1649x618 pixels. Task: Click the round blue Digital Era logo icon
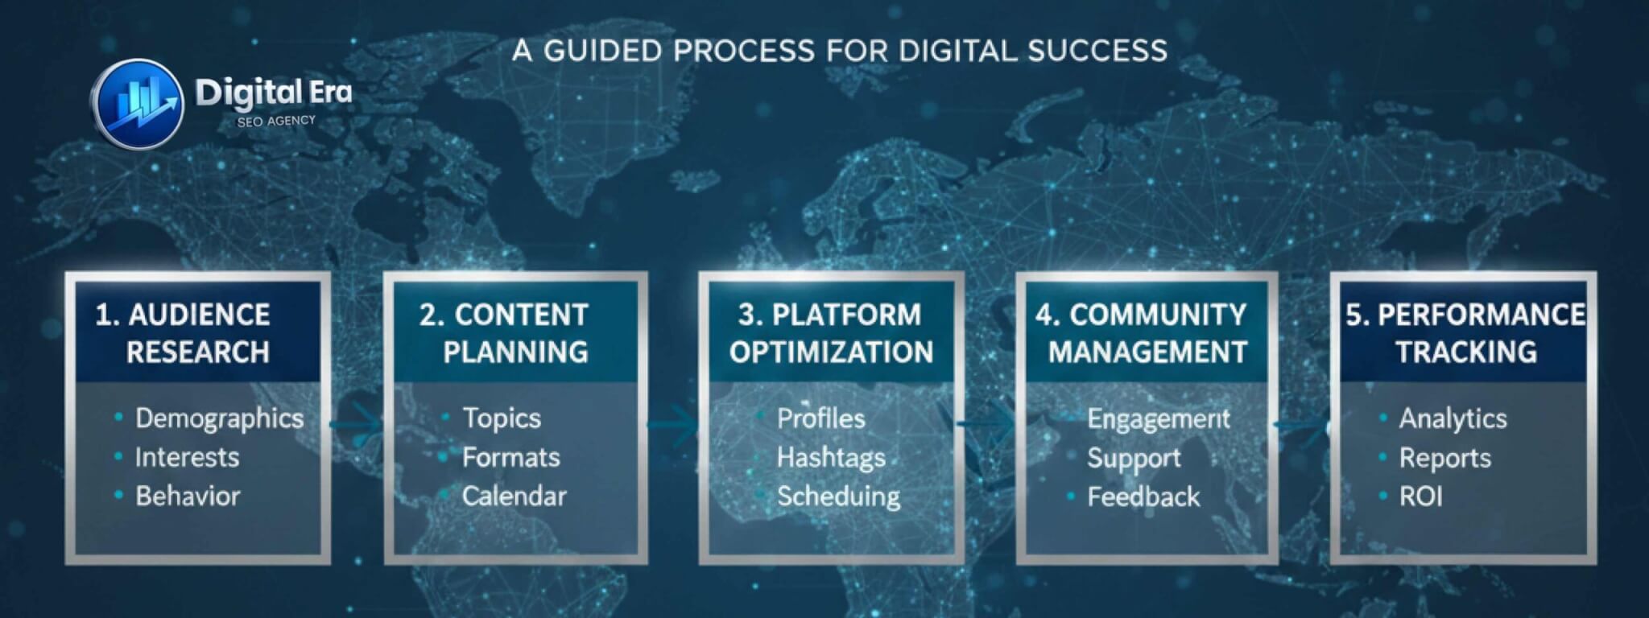tap(137, 105)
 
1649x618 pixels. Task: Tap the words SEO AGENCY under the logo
tap(276, 121)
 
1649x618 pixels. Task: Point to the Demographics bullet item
tap(219, 418)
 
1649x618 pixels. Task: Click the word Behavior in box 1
tap(188, 496)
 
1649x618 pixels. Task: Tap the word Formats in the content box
tap(510, 458)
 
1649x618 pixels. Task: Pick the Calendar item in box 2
tap(514, 496)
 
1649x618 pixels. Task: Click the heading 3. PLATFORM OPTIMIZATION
tap(831, 333)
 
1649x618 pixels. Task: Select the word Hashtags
tap(831, 458)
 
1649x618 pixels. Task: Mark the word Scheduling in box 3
tap(838, 496)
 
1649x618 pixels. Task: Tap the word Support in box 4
tap(1134, 458)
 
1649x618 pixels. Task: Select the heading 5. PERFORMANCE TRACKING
tap(1465, 333)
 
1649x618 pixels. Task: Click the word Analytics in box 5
tap(1453, 418)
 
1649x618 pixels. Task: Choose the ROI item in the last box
tap(1420, 496)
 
